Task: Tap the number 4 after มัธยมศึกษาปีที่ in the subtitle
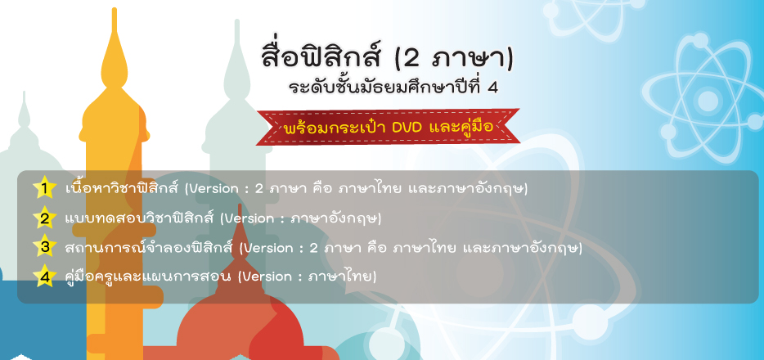click(492, 88)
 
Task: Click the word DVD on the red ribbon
click(408, 128)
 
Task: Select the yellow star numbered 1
click(45, 188)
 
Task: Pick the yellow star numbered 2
click(45, 218)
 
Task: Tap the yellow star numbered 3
click(45, 247)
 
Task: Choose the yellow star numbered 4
click(45, 277)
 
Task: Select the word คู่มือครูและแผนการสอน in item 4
click(147, 277)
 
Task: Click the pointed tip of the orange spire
click(115, 9)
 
